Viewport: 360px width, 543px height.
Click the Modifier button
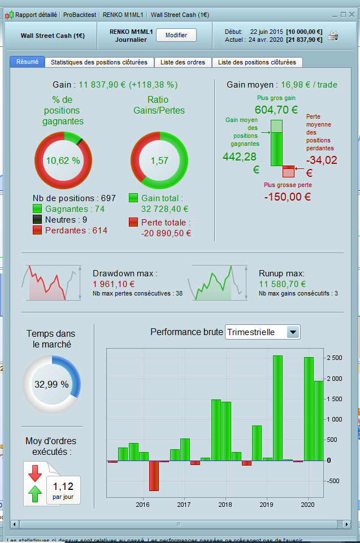coord(176,35)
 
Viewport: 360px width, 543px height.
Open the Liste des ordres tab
coord(183,62)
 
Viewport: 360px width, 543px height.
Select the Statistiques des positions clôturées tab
coord(99,62)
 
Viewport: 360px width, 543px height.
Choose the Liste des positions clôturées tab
coord(257,62)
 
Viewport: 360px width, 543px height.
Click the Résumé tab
coord(27,62)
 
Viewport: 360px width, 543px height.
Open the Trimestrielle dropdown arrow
coord(293,332)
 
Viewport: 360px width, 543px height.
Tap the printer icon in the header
coord(333,36)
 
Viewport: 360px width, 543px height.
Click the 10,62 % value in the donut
coord(63,160)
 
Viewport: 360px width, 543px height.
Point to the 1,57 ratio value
coord(159,160)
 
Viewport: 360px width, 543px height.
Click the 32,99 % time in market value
coord(51,384)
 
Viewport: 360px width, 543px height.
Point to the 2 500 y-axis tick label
coord(334,358)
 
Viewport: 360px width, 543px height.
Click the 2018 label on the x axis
coord(225,504)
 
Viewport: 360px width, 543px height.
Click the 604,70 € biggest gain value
coord(276,110)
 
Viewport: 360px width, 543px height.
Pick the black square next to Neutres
coord(37,220)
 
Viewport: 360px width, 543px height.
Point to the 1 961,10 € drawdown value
coord(114,284)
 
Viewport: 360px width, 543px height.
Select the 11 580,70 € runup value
coord(283,284)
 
